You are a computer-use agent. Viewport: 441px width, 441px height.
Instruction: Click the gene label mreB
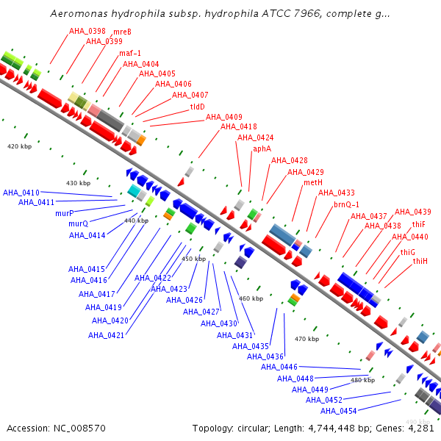pyautogui.click(x=122, y=32)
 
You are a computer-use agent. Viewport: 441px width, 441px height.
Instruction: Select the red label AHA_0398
pyautogui.click(x=87, y=31)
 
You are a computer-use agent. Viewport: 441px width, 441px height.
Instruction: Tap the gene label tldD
pyautogui.click(x=198, y=107)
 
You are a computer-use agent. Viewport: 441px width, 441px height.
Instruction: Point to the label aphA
pyautogui.click(x=262, y=148)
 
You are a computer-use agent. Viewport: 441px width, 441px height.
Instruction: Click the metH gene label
pyautogui.click(x=313, y=182)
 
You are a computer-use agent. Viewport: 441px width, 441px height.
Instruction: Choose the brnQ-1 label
pyautogui.click(x=346, y=204)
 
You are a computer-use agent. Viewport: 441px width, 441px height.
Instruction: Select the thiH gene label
pyautogui.click(x=420, y=261)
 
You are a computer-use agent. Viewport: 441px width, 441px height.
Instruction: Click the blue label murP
pyautogui.click(x=65, y=213)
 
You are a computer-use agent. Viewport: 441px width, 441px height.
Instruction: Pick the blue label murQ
pyautogui.click(x=79, y=223)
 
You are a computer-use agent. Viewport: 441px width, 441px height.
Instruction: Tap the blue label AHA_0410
pyautogui.click(x=21, y=193)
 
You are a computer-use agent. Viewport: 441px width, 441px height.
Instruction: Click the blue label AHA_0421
pyautogui.click(x=106, y=335)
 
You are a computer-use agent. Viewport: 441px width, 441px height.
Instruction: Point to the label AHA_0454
pyautogui.click(x=339, y=411)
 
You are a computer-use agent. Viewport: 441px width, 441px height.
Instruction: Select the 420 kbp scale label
pyautogui.click(x=19, y=146)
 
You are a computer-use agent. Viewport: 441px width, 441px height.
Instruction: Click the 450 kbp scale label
pyautogui.click(x=194, y=259)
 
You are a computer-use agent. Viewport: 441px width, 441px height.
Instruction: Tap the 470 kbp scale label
pyautogui.click(x=306, y=339)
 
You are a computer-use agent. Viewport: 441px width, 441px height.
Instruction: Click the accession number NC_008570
pyautogui.click(x=79, y=429)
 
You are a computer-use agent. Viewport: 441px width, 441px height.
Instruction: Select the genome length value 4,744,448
pyautogui.click(x=331, y=429)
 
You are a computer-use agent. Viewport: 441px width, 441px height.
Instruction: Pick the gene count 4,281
pyautogui.click(x=421, y=429)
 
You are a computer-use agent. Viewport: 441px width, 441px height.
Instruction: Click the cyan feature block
pyautogui.click(x=134, y=190)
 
